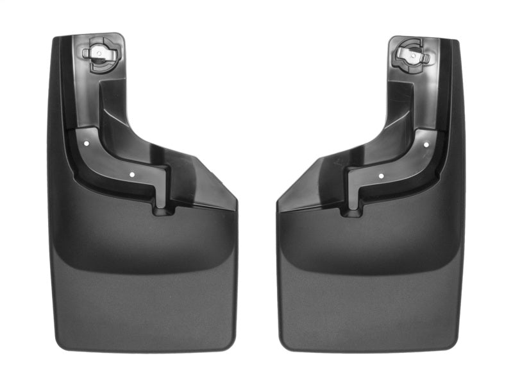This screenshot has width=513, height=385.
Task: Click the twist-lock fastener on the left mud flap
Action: (x=100, y=52)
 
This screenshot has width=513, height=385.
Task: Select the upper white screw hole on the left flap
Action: (x=88, y=144)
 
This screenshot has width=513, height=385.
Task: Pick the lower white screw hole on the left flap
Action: (x=131, y=173)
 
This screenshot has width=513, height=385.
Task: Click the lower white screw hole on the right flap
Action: (x=381, y=175)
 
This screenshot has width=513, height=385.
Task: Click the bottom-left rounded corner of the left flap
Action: (x=60, y=343)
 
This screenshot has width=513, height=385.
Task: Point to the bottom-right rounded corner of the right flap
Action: (x=454, y=343)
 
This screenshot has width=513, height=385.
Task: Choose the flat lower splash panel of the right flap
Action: (x=369, y=302)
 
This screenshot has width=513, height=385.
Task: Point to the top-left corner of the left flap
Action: (x=55, y=40)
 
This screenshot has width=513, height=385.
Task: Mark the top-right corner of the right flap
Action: (x=457, y=42)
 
